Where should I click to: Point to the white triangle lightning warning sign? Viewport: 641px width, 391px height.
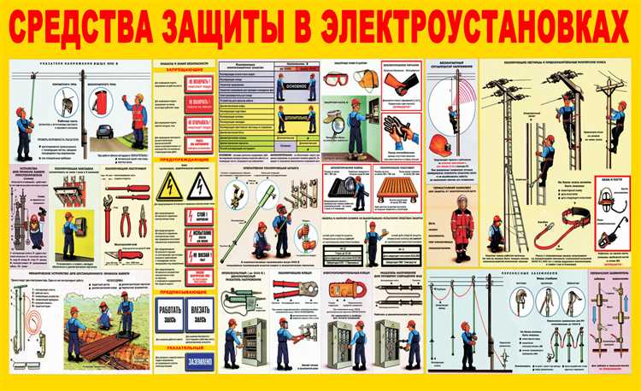[x=200, y=185]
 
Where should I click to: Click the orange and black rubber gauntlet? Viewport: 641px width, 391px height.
[x=398, y=84]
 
